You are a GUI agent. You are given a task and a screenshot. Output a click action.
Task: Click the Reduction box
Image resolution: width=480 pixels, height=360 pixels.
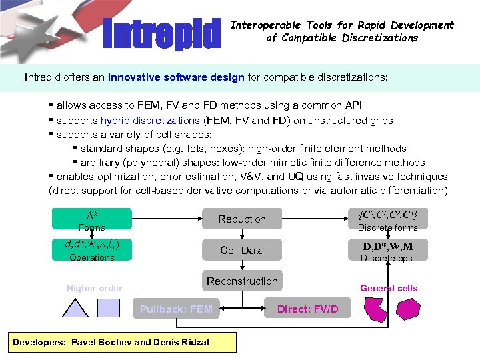pyautogui.click(x=241, y=219)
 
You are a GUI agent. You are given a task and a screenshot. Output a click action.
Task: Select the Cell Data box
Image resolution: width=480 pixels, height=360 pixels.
pyautogui.click(x=241, y=250)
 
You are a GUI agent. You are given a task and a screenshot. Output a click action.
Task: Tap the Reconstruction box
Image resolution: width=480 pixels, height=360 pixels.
pyautogui.click(x=241, y=281)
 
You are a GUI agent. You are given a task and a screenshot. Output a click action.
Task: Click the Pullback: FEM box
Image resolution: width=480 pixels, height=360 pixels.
pyautogui.click(x=176, y=309)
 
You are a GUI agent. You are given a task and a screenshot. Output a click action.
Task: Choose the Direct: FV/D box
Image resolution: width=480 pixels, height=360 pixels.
pyautogui.click(x=307, y=309)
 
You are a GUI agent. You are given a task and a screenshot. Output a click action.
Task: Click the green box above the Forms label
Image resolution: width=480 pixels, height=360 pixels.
pyautogui.click(x=92, y=216)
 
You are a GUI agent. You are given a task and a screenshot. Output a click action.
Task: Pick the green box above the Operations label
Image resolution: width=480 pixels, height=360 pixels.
pyautogui.click(x=92, y=246)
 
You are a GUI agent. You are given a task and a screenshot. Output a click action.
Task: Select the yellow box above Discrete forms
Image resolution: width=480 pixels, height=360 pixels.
pyautogui.click(x=387, y=216)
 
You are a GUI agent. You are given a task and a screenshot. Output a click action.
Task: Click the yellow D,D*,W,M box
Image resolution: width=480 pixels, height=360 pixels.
pyautogui.click(x=387, y=247)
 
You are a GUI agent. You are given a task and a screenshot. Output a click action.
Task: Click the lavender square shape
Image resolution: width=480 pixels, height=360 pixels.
pyautogui.click(x=109, y=307)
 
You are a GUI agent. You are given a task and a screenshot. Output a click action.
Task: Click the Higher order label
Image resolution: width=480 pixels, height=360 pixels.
pyautogui.click(x=94, y=288)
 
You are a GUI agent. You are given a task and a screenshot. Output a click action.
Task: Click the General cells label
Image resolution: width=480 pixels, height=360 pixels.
pyautogui.click(x=389, y=288)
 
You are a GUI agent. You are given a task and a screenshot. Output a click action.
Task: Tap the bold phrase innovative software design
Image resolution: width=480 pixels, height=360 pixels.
pyautogui.click(x=176, y=77)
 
